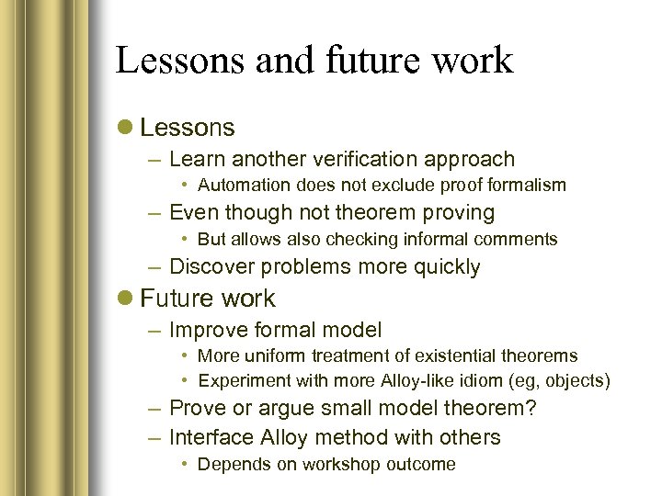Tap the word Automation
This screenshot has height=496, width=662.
pyautogui.click(x=241, y=186)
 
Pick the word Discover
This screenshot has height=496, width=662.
pyautogui.click(x=213, y=267)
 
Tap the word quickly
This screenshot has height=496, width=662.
pyautogui.click(x=447, y=267)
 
